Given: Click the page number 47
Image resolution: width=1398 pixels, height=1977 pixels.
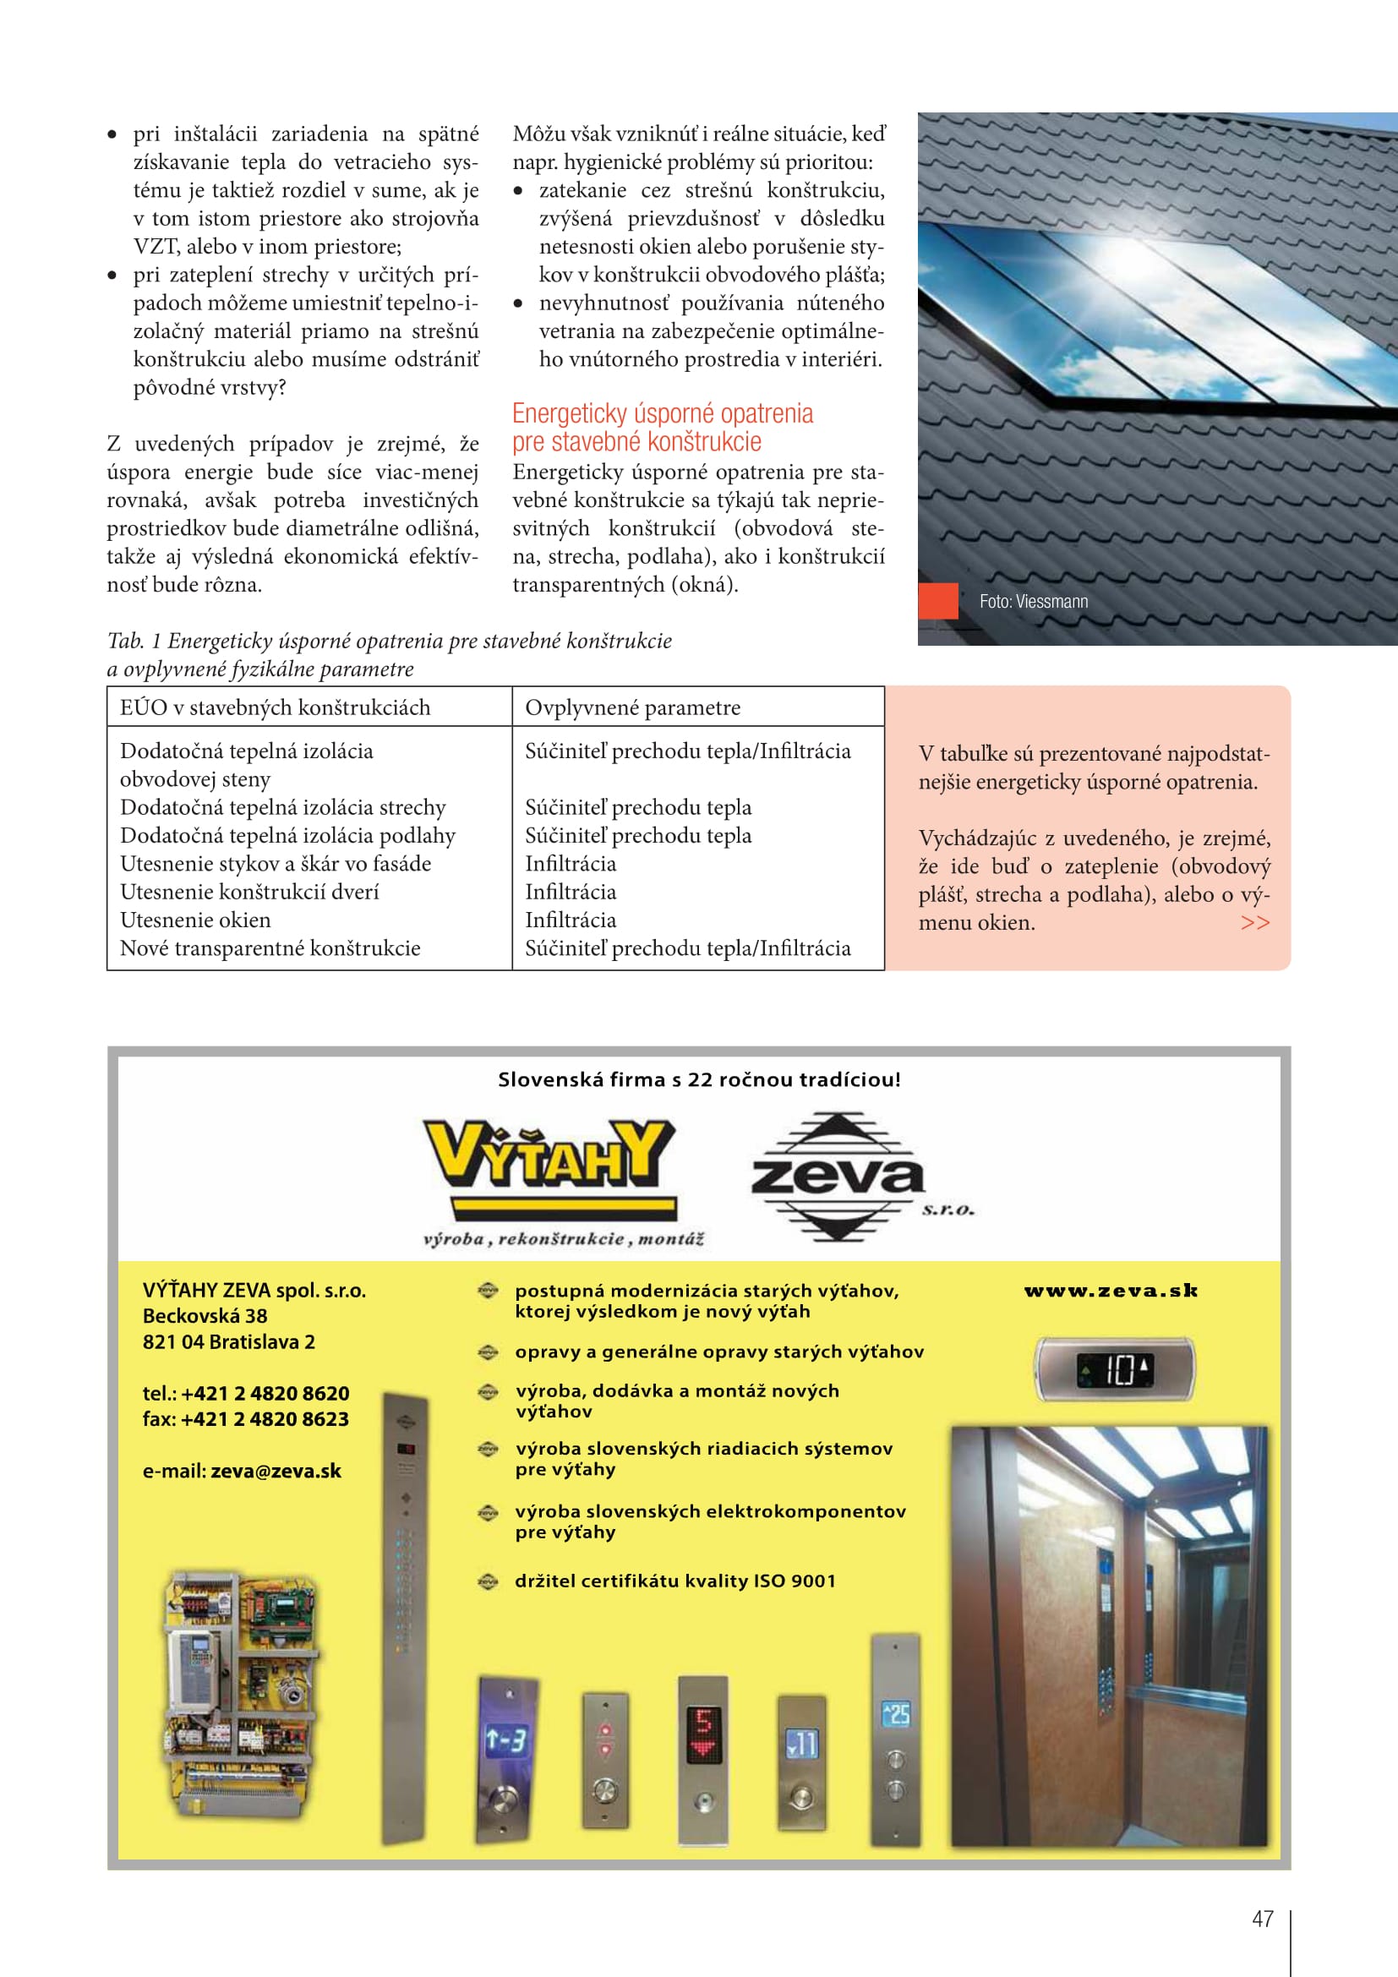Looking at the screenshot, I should point(1262,1919).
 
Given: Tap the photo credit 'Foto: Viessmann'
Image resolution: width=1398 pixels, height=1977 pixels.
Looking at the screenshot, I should point(1033,602).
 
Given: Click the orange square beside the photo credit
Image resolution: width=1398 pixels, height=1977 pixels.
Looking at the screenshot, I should point(938,601).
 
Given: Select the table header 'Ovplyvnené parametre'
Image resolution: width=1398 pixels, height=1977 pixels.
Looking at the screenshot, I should point(632,707).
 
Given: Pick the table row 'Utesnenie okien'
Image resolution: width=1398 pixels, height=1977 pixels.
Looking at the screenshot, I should point(195,920).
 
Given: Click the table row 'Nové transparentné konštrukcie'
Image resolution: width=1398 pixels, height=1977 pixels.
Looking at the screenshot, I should point(270,948).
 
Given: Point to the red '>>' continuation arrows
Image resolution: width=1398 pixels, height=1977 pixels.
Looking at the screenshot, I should point(1255,922).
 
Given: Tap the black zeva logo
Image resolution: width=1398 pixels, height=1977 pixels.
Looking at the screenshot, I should point(838,1177).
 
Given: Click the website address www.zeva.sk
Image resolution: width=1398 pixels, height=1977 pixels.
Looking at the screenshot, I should point(1111,1290).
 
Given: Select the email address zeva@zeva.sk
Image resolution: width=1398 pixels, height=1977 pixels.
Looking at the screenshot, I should point(276,1471).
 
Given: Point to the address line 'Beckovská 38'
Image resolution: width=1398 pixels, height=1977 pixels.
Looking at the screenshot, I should point(205,1316).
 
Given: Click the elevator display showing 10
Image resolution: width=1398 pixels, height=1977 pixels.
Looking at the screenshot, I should point(1114,1369).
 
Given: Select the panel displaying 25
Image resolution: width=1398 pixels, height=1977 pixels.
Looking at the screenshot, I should point(895,1713).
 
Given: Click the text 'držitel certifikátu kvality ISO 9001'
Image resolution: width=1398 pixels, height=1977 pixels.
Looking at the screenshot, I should point(674,1581).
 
